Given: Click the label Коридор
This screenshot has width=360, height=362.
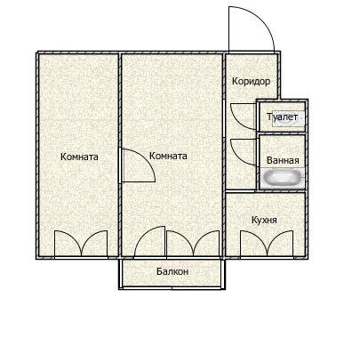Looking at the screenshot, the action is point(251,81).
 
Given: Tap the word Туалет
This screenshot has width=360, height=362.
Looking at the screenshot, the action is point(282,117).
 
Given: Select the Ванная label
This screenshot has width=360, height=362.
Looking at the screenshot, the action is point(283,160).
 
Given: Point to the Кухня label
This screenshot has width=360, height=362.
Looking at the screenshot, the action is point(264,220).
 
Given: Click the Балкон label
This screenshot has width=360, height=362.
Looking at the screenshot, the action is point(172,271).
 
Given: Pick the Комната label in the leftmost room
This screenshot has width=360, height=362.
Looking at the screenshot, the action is point(79,157).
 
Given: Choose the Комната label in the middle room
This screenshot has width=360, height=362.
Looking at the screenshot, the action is point(168,156).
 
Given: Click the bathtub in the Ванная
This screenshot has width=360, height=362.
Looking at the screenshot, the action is point(283,178).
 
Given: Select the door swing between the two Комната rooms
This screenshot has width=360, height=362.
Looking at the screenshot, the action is point(147,158).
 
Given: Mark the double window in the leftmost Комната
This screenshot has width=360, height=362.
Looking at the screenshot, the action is point(81,243).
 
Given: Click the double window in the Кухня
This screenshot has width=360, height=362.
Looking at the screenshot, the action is point(268,243).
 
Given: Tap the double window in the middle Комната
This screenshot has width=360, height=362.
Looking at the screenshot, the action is point(193,243).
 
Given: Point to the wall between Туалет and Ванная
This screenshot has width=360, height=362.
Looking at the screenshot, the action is point(282,133).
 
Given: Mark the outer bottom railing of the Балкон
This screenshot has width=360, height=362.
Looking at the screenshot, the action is point(172,288).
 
